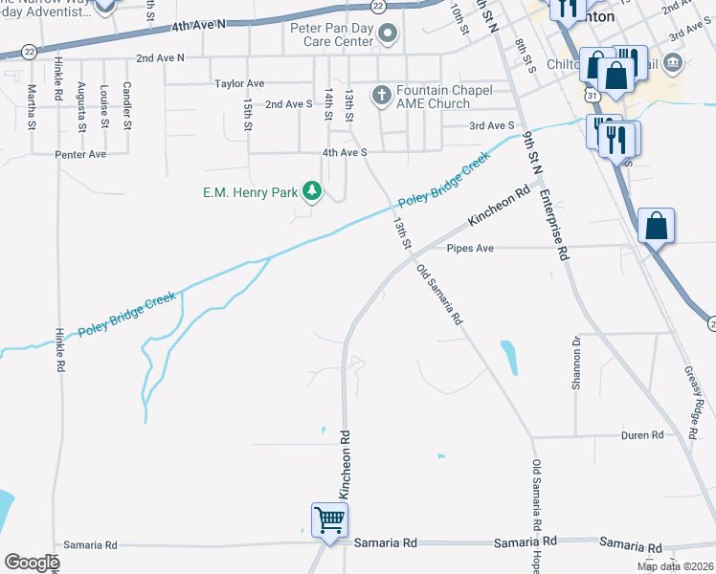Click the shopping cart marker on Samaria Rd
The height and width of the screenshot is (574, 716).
point(329,521)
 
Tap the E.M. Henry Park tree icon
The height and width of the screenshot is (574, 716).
point(311,192)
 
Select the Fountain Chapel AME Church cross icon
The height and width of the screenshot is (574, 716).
point(381,94)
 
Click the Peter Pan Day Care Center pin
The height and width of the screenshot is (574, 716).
point(388,36)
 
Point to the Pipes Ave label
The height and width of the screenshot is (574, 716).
point(469,248)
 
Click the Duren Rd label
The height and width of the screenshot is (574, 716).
point(642,435)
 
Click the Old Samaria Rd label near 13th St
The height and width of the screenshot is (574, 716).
point(440,296)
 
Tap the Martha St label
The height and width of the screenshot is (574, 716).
point(32,106)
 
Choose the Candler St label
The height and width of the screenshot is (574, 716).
point(126,106)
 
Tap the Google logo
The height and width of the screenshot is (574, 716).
point(32,563)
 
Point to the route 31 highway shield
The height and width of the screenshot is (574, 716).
point(593,97)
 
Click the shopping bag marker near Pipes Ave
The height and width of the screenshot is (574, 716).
point(657,227)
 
